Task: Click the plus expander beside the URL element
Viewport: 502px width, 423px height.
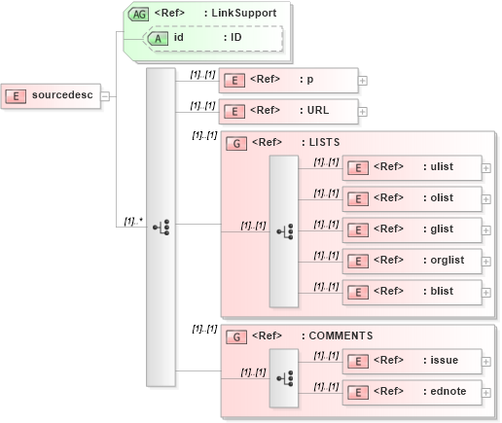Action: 363,111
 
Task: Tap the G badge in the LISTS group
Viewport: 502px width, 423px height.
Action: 234,143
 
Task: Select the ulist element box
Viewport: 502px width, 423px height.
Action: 412,167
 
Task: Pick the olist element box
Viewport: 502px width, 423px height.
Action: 412,198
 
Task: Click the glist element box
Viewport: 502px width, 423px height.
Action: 412,229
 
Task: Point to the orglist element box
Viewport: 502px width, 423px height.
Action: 412,261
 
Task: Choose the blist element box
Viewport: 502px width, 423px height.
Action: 412,292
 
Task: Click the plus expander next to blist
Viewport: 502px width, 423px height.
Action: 486,292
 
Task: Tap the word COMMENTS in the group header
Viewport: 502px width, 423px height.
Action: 341,335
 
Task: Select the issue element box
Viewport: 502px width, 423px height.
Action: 412,361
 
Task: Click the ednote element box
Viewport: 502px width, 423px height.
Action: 412,392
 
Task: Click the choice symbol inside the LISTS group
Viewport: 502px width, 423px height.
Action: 285,231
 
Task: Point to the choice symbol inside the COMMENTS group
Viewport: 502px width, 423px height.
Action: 285,376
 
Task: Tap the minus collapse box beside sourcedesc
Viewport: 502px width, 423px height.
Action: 105,96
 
